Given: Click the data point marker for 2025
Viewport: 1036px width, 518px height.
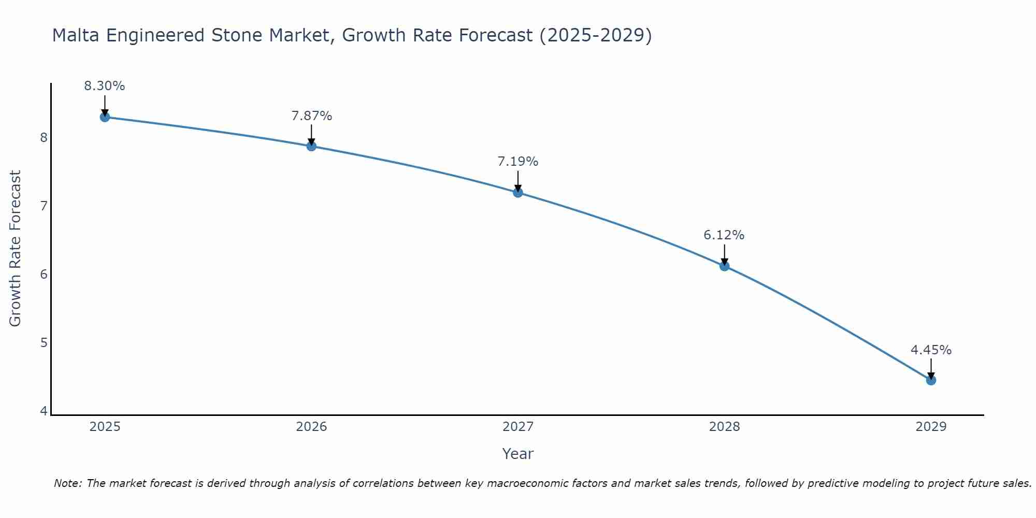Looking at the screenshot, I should click(x=105, y=117).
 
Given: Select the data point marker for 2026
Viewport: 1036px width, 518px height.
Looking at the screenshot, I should click(x=311, y=146).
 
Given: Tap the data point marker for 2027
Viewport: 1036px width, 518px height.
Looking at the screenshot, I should click(x=518, y=193).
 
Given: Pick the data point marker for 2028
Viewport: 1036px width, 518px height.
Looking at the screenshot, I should click(x=725, y=266).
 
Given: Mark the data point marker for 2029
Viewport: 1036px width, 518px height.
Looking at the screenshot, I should click(x=931, y=380).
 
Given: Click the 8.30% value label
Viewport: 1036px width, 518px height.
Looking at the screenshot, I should click(x=105, y=86).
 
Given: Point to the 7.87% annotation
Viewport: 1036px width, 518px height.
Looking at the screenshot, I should click(x=311, y=116).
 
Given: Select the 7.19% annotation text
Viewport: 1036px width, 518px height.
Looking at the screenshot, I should click(x=518, y=162).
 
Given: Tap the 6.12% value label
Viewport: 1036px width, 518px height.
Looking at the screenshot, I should click(x=724, y=235).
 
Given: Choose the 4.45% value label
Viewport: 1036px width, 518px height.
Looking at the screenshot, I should click(x=931, y=350).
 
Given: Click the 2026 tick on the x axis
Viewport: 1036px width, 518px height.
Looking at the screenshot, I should click(x=311, y=427).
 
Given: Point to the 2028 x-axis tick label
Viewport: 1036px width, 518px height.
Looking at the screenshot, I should click(x=725, y=427).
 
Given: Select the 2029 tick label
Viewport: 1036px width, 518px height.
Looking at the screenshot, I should click(x=931, y=427).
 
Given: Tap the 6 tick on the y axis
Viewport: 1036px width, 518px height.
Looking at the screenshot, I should click(x=44, y=274).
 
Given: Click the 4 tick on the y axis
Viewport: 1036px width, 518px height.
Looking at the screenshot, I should click(x=44, y=411).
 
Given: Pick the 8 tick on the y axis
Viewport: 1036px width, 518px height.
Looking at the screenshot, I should click(x=44, y=137).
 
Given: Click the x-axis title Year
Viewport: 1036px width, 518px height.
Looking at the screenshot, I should click(x=518, y=454).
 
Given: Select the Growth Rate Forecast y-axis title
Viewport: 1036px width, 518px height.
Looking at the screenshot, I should click(x=16, y=249).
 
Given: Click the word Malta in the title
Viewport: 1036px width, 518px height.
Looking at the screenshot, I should click(x=76, y=35).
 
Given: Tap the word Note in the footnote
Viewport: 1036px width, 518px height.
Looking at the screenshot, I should click(x=67, y=483).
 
